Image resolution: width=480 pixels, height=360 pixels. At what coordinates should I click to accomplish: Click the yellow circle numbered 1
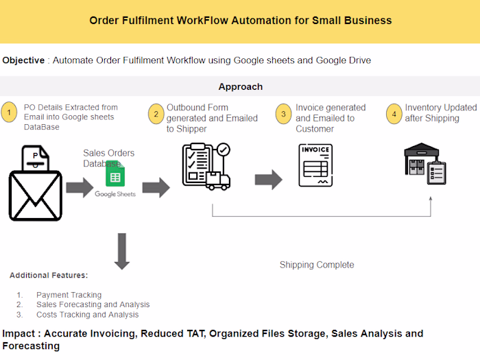click(x=10, y=112)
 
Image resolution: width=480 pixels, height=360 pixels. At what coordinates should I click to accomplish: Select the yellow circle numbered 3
click(x=284, y=113)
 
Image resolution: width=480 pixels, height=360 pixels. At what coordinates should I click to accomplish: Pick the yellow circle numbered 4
click(x=394, y=113)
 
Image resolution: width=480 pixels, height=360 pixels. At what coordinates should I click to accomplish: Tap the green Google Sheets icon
click(x=114, y=177)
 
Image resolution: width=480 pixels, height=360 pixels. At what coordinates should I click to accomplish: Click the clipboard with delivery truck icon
click(x=206, y=166)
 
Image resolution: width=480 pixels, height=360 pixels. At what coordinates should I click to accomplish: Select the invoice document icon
click(x=315, y=165)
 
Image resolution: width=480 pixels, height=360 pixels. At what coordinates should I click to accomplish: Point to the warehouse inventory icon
click(x=425, y=163)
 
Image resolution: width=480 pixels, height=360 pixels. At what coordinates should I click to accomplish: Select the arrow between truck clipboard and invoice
click(x=268, y=180)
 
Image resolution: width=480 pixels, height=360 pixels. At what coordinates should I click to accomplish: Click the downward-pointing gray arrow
click(x=121, y=250)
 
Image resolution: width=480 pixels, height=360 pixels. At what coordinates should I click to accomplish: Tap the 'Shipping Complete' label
click(x=317, y=265)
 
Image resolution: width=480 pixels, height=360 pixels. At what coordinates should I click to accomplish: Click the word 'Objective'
click(x=24, y=60)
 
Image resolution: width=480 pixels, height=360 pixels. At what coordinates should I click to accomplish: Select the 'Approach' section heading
click(x=240, y=87)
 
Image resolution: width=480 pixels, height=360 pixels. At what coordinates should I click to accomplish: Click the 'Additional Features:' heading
click(x=49, y=276)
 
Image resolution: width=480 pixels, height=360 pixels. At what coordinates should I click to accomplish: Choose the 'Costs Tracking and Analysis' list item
click(x=87, y=315)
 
